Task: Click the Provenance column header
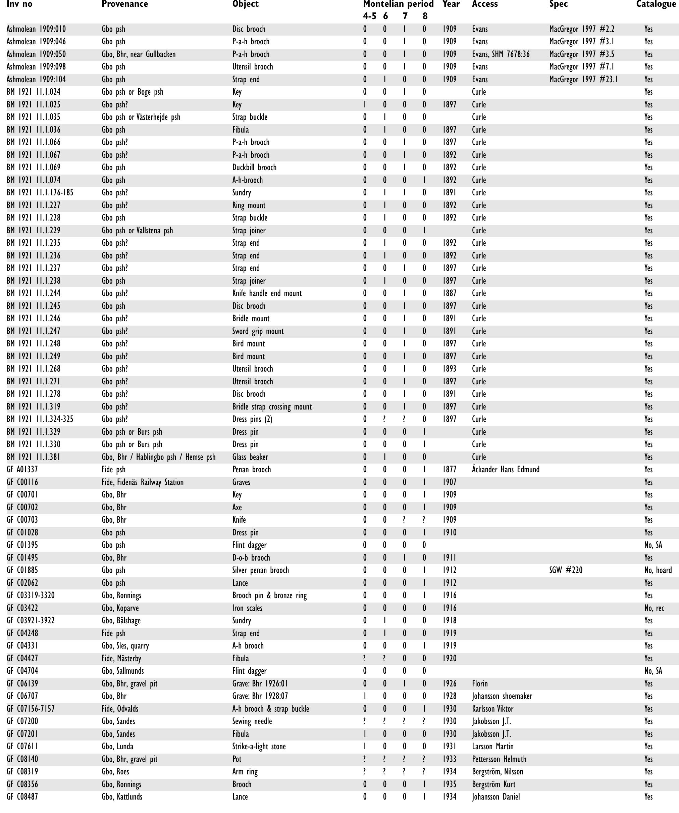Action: coord(124,4)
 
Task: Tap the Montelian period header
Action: coord(398,4)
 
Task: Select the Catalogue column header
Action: coord(656,4)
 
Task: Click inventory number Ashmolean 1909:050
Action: coord(36,54)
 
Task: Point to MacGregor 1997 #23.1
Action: coord(583,79)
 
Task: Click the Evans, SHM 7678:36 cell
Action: coord(501,54)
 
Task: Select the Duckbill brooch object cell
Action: coord(254,167)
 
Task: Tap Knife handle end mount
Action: coord(267,293)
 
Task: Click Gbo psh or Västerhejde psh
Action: coord(141,117)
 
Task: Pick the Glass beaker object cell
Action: coord(250,457)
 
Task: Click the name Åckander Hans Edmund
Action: coord(505,470)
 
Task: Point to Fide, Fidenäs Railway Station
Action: coord(142,482)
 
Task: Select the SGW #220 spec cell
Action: coord(566,570)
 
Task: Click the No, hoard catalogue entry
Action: coord(658,570)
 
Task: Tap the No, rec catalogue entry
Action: coord(654,608)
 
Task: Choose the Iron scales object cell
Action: coord(247,608)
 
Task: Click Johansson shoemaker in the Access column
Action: coord(502,696)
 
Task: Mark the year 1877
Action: coord(450,470)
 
